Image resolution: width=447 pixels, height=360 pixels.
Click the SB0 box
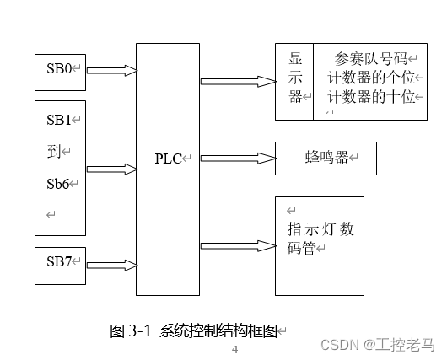(60, 70)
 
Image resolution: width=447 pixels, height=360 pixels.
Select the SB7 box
(60, 265)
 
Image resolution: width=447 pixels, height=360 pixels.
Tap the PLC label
(169, 159)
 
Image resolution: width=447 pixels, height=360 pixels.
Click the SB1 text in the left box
(60, 119)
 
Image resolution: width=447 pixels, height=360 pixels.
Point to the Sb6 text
(58, 183)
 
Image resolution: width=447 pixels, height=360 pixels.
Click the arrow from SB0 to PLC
(111, 70)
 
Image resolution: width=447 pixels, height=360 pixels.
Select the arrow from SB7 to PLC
(111, 265)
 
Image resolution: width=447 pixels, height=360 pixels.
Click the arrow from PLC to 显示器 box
(238, 82)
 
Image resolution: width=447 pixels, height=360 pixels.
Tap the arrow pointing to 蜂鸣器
(238, 158)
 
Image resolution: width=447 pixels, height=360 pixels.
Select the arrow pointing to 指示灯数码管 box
(238, 245)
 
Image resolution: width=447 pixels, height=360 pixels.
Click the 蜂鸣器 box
(325, 158)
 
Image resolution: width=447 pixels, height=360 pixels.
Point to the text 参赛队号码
(370, 59)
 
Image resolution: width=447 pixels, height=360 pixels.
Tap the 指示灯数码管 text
(319, 238)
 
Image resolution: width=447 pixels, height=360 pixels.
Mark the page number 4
(235, 349)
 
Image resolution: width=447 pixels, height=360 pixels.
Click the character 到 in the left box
(53, 151)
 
